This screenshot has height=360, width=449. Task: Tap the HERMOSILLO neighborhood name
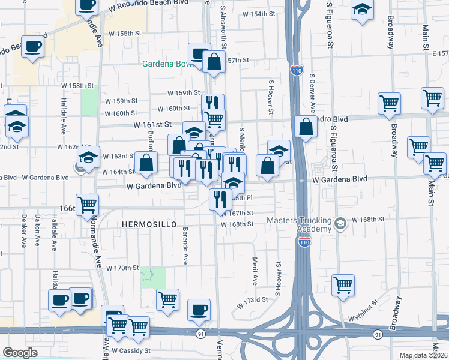(x=149, y=224)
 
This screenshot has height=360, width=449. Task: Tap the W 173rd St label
(x=252, y=299)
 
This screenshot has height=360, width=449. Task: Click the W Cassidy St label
(x=131, y=350)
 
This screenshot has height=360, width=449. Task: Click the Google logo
(x=20, y=353)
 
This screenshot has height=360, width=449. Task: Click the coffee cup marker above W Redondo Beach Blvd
(x=86, y=5)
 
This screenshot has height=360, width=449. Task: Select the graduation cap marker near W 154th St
(x=361, y=10)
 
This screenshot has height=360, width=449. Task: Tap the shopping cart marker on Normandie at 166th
(x=88, y=204)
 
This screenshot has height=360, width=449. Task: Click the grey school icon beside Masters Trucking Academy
(x=340, y=224)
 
